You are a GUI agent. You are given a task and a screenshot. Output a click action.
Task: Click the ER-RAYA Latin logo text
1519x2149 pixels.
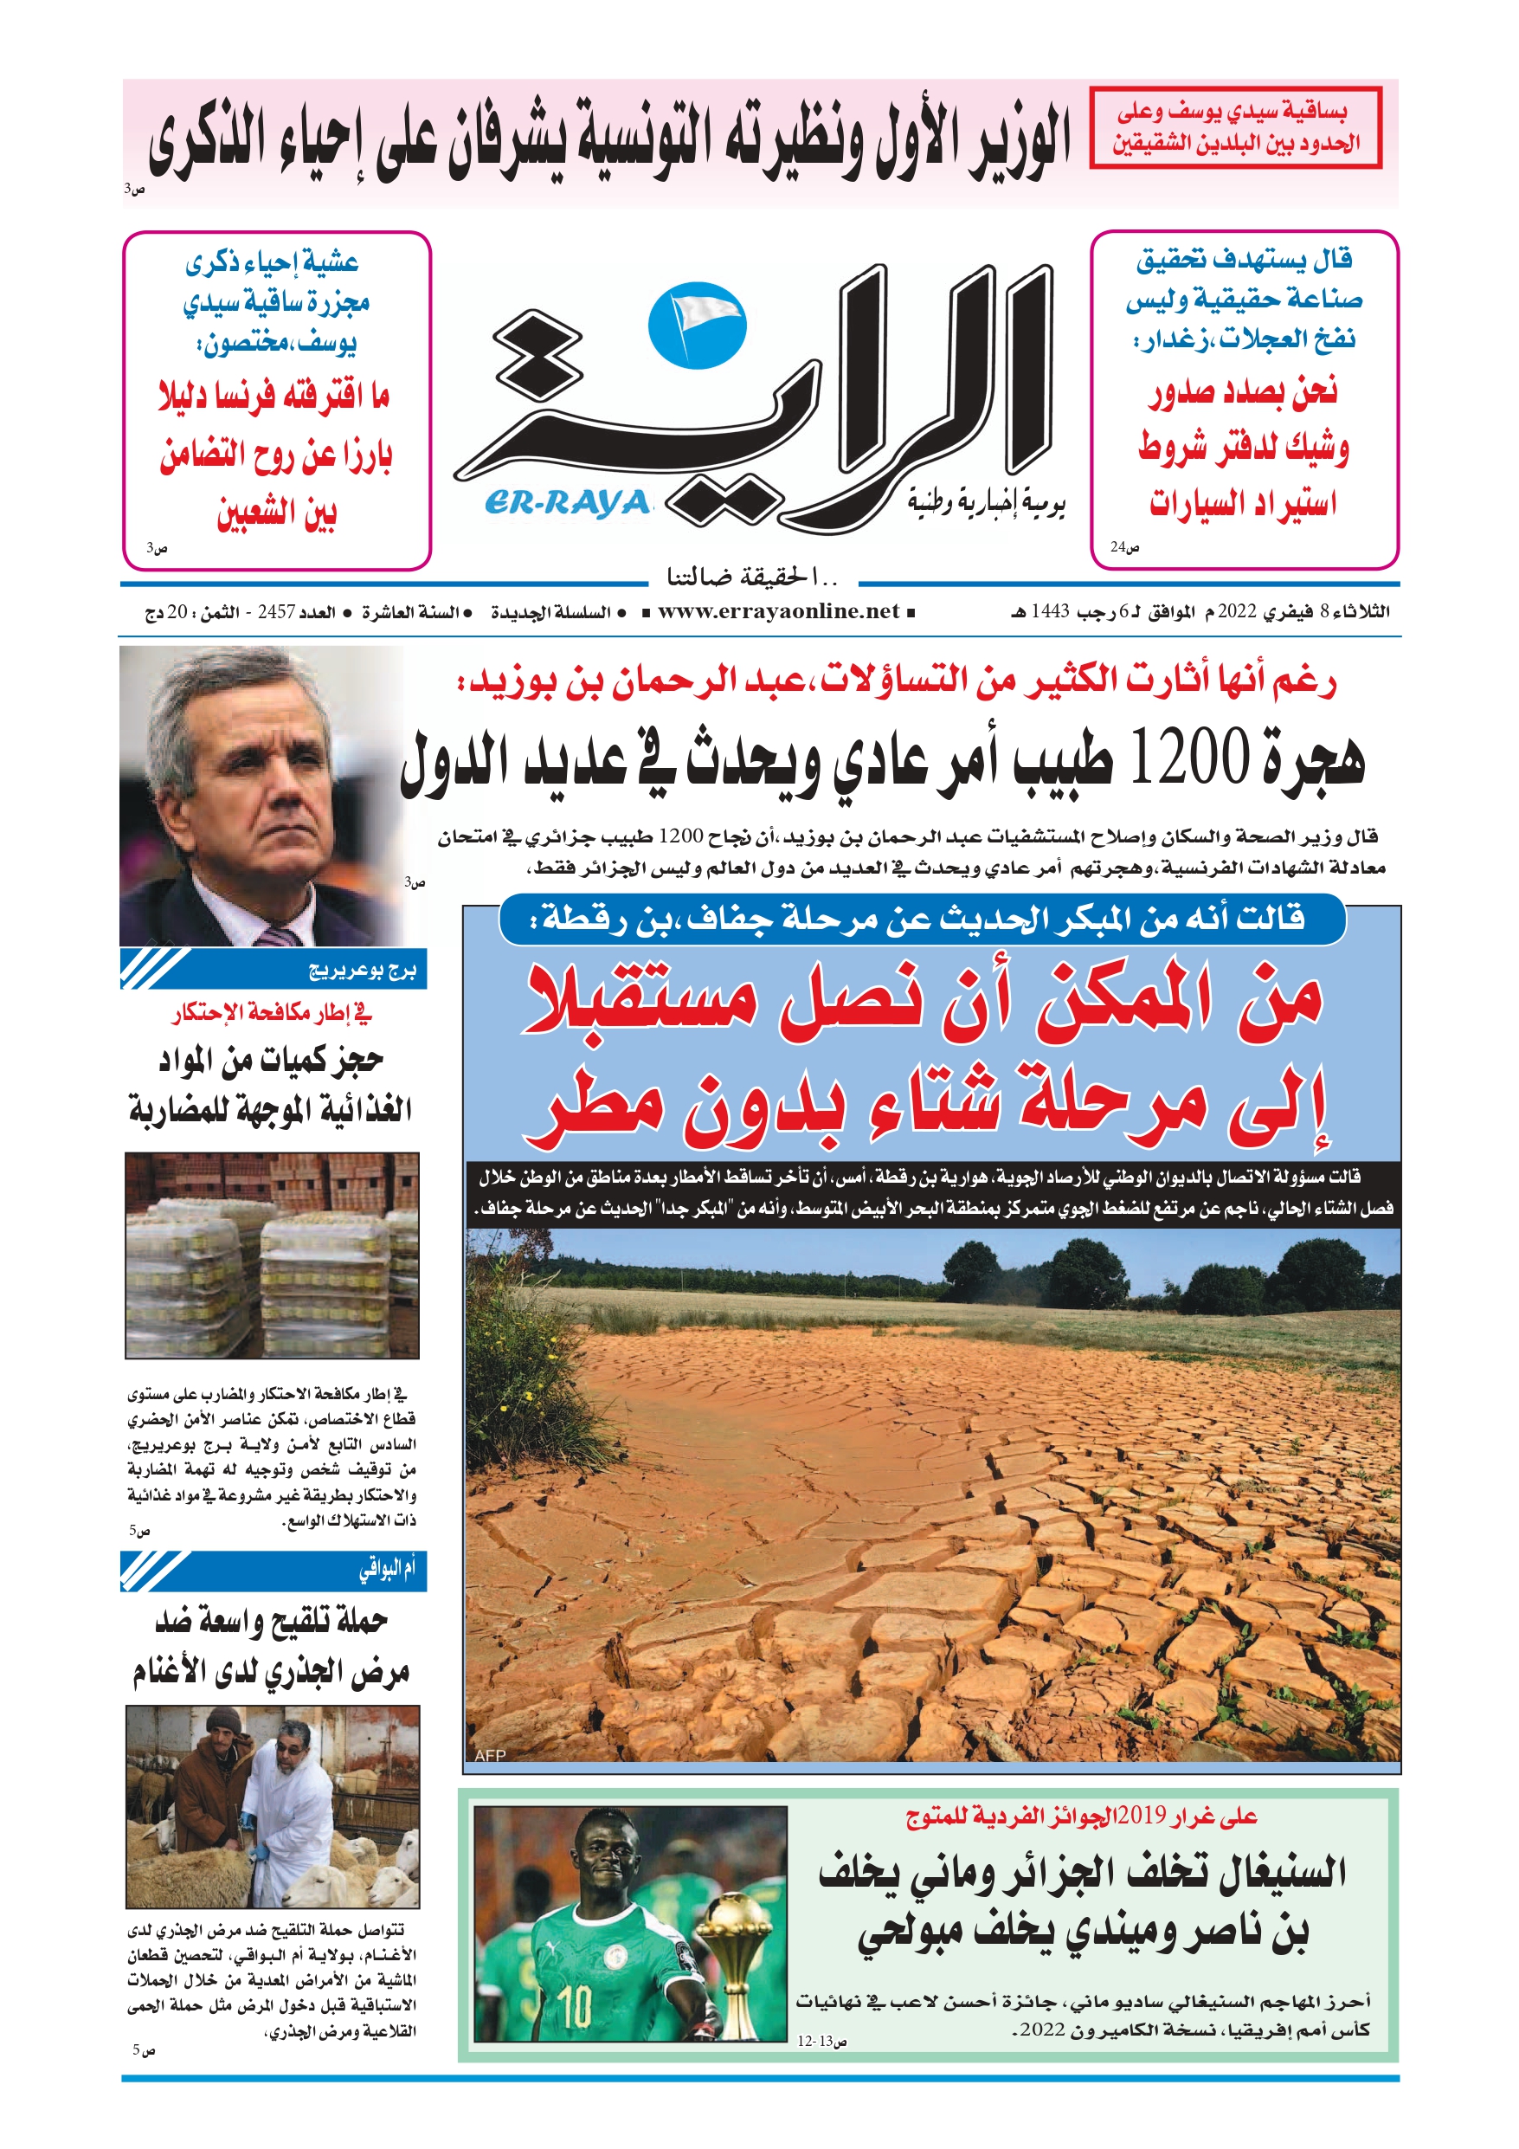(567, 504)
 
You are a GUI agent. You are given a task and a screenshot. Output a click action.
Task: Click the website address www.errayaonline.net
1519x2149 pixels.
(778, 612)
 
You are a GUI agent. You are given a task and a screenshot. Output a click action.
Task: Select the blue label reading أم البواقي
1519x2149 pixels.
(387, 1570)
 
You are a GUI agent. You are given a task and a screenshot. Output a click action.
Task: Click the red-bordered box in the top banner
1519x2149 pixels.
(1234, 128)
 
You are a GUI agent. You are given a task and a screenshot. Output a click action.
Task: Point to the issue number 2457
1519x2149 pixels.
(276, 612)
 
